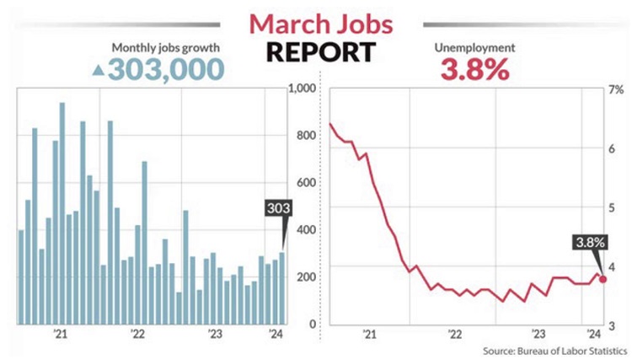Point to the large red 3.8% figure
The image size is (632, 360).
pos(474,67)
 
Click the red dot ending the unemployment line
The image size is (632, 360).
pos(603,279)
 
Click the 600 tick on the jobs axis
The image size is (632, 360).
pos(304,183)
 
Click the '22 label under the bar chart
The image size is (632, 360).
pos(138,336)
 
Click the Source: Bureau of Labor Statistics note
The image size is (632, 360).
pos(554,349)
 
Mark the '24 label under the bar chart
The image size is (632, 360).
pos(275,336)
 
